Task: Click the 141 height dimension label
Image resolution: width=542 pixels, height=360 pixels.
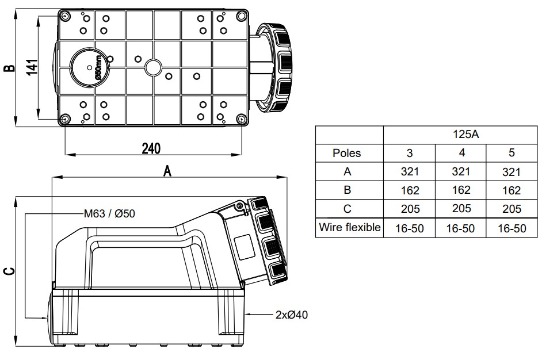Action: (32, 68)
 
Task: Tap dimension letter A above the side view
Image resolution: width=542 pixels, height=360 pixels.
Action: (167, 170)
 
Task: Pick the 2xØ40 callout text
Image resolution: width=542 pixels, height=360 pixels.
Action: (291, 315)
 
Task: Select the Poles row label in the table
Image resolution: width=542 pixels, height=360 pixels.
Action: (347, 153)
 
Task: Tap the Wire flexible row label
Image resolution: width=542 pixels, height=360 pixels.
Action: (350, 228)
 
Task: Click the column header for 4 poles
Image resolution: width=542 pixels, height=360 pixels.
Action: (461, 153)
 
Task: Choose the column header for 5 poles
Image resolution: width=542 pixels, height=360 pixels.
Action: (512, 153)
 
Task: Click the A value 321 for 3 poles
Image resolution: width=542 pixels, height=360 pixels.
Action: (410, 171)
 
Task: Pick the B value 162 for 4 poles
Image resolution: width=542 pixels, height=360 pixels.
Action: (461, 190)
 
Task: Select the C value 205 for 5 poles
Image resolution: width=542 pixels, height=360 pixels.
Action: (512, 209)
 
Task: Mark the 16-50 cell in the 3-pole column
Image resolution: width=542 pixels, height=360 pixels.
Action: (410, 228)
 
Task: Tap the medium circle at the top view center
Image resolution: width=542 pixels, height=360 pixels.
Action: (154, 68)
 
